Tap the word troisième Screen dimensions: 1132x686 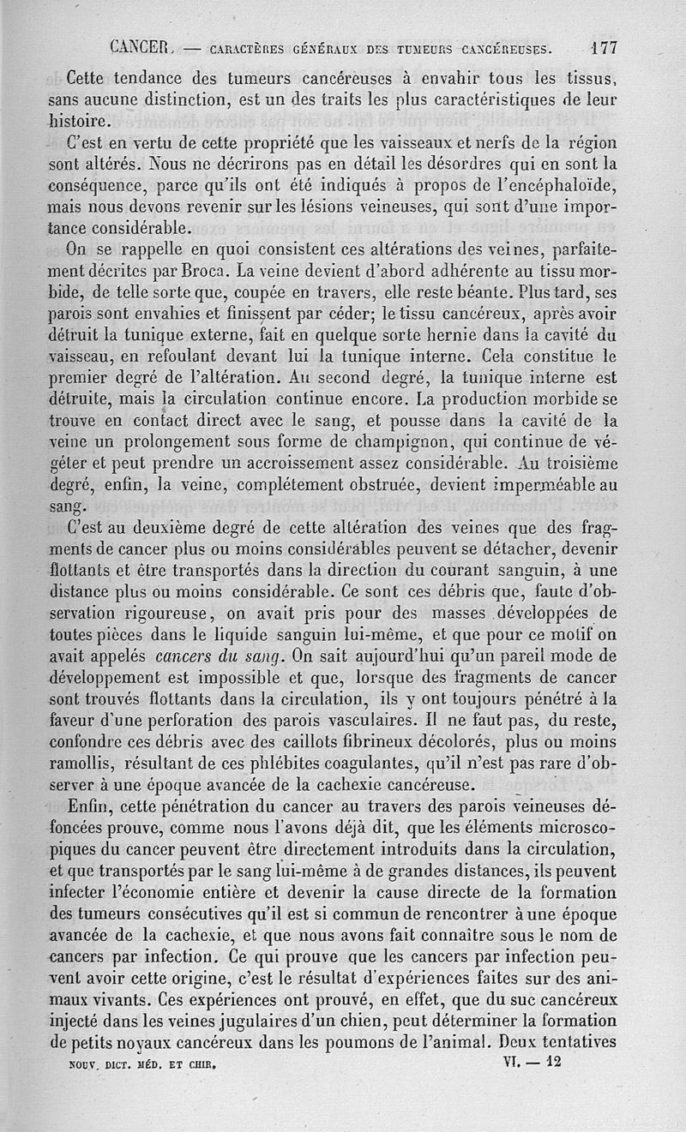click(581, 465)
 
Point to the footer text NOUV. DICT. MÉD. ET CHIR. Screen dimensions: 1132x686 click(141, 1067)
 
